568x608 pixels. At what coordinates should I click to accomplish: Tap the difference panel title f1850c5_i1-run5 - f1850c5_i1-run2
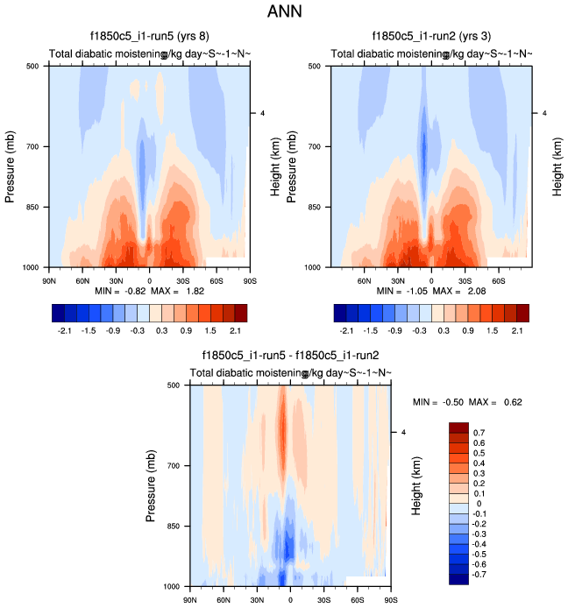point(290,356)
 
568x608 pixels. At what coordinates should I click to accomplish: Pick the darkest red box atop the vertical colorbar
point(459,428)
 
